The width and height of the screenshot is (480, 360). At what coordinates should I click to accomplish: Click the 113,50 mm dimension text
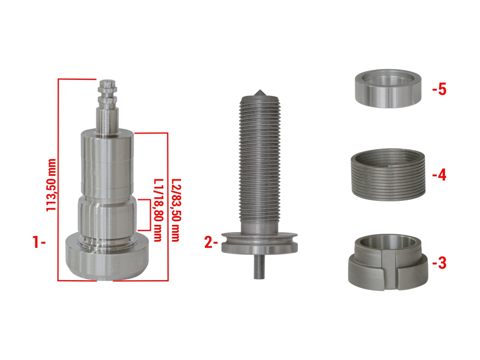point(52,185)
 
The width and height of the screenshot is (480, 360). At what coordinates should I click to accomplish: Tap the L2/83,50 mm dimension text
point(176,210)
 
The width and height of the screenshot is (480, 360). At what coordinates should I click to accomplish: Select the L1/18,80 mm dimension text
point(158,210)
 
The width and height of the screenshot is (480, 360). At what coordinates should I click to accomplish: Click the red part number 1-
point(39,242)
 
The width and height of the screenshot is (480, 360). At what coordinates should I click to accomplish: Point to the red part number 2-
point(211,242)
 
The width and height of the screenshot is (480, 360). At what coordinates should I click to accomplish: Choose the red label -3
point(440,262)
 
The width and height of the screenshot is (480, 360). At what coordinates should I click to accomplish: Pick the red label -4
point(440,175)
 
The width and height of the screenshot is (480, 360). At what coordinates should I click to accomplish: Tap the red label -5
point(440,89)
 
